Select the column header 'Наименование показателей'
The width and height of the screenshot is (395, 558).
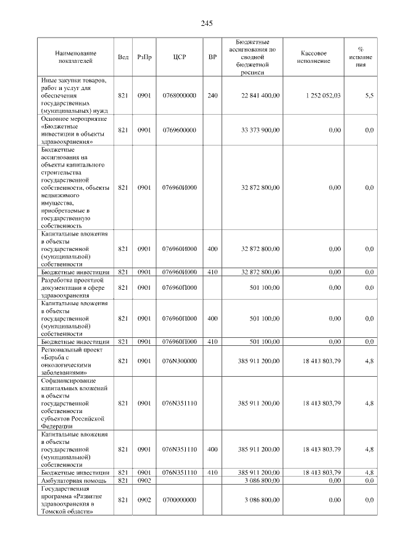75,57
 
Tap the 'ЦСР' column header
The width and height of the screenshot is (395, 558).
180,57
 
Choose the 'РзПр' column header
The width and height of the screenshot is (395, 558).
144,57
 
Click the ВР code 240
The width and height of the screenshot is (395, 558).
213,96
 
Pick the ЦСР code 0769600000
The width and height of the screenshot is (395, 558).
179,130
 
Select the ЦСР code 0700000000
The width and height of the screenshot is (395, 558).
179,500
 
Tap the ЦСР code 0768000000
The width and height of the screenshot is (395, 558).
179,96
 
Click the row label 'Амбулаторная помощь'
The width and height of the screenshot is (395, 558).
73,480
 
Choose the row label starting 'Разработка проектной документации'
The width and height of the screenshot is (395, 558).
75,287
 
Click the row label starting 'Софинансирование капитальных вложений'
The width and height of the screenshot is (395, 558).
75,403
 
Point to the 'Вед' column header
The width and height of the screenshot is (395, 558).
123,57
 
